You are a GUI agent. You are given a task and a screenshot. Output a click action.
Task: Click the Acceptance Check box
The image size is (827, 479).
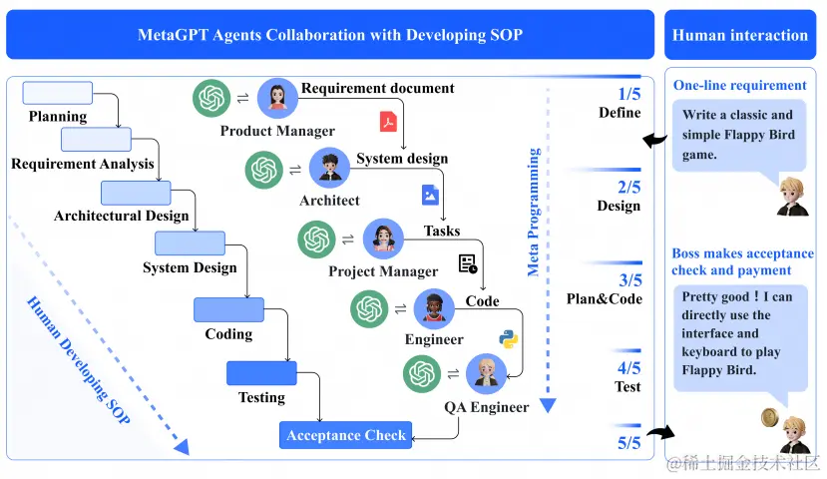[346, 435]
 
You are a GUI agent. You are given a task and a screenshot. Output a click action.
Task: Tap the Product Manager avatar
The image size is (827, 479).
[277, 98]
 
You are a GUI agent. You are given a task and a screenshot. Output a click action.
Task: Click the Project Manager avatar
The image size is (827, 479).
[383, 239]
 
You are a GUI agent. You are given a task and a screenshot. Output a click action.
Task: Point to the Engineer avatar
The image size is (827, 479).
[434, 308]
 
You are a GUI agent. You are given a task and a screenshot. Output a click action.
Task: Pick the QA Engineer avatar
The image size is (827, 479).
[487, 374]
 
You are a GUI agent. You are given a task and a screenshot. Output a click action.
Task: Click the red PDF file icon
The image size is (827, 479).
[387, 122]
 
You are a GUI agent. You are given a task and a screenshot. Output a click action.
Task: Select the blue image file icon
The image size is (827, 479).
[430, 195]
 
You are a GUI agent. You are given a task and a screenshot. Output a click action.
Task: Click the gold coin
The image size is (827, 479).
[770, 417]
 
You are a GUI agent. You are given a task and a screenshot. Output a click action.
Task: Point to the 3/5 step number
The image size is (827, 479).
[630, 280]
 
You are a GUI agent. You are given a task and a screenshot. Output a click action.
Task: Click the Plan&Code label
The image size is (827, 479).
[605, 299]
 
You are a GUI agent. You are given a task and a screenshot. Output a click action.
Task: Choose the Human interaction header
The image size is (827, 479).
[740, 35]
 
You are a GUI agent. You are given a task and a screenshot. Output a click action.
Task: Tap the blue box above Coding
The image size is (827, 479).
[228, 309]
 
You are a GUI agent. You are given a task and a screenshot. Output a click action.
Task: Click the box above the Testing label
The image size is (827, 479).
[261, 373]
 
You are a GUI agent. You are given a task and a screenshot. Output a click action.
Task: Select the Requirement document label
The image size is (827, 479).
[377, 88]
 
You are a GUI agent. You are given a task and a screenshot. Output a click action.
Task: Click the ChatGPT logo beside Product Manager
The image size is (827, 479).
[211, 98]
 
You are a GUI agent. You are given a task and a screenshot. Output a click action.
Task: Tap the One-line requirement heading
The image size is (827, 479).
[739, 86]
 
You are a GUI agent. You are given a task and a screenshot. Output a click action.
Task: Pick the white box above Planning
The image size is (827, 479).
[57, 93]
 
